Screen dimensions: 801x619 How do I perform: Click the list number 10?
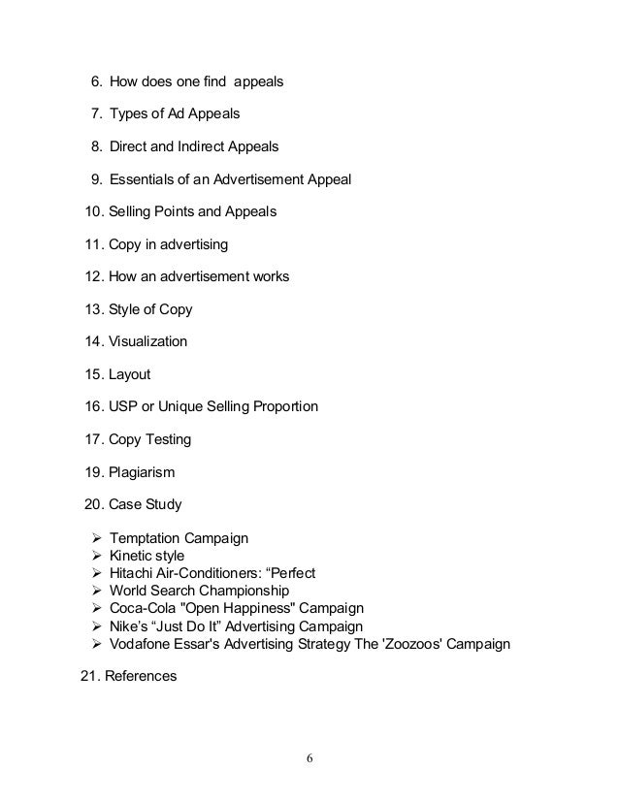pyautogui.click(x=95, y=210)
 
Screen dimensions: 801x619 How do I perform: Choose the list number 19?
pyautogui.click(x=95, y=473)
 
